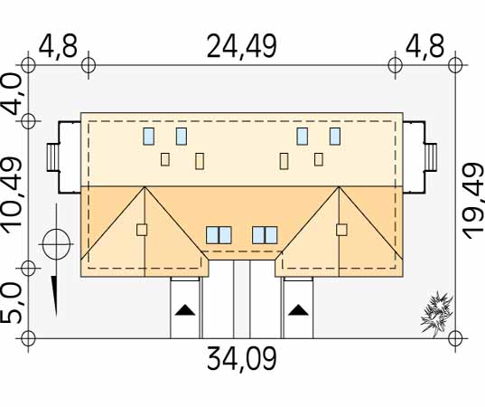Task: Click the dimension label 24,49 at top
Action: (x=241, y=47)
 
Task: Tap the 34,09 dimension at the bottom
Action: (x=241, y=358)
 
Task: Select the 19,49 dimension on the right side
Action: (x=473, y=202)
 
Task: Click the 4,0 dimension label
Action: (x=13, y=94)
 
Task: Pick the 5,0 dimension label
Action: (x=13, y=304)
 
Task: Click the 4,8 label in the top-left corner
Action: (x=58, y=47)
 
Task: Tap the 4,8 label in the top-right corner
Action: (x=424, y=47)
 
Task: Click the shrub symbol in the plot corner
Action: (x=437, y=314)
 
